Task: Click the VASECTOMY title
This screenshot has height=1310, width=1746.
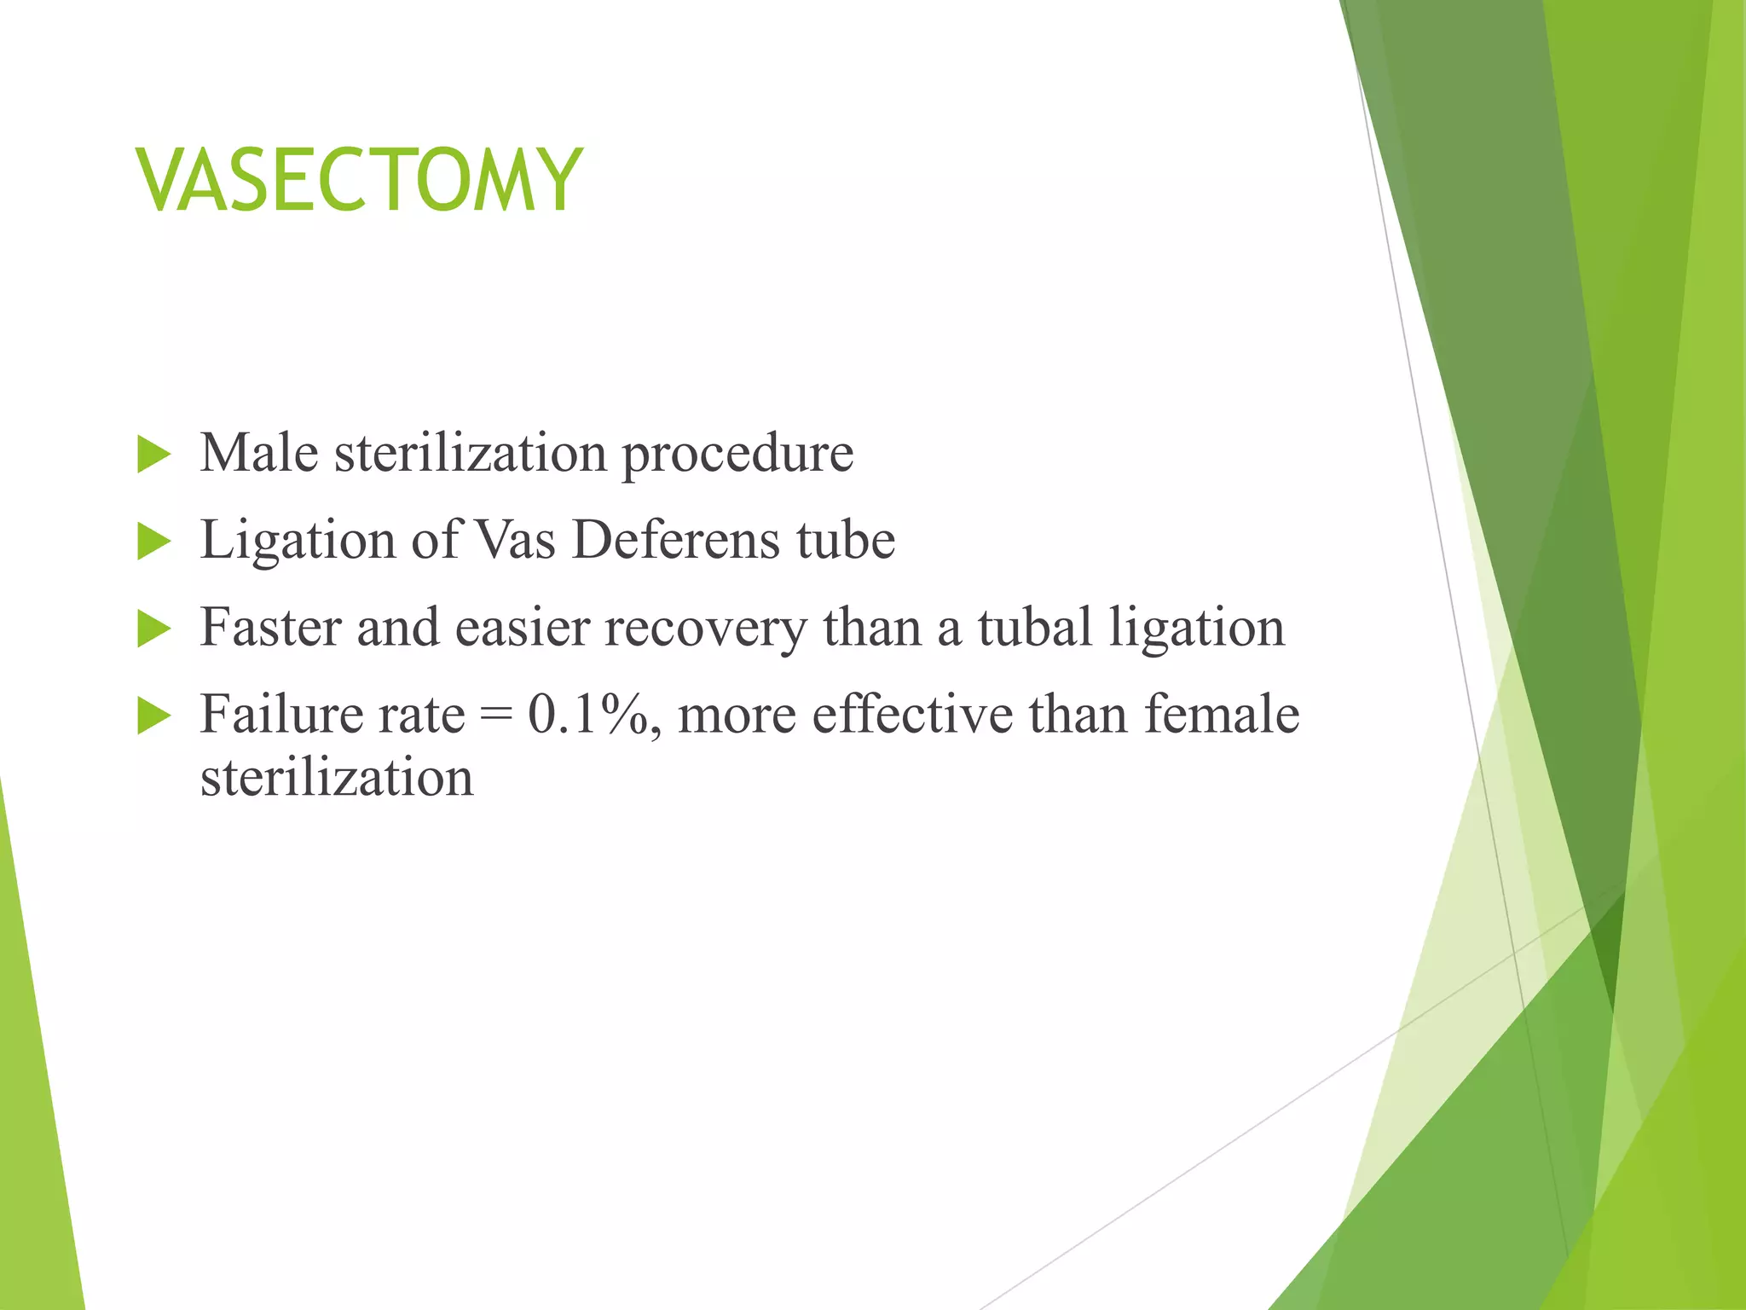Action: click(359, 180)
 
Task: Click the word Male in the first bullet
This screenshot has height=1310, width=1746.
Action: click(259, 452)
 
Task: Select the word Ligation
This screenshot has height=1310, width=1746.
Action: click(298, 542)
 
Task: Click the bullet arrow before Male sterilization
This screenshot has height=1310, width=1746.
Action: click(153, 455)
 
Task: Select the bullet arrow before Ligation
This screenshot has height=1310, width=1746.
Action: click(153, 542)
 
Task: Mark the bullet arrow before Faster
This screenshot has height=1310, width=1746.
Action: click(153, 629)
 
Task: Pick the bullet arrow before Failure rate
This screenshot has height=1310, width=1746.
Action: click(153, 716)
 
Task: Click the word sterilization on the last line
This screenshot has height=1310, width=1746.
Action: click(337, 778)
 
